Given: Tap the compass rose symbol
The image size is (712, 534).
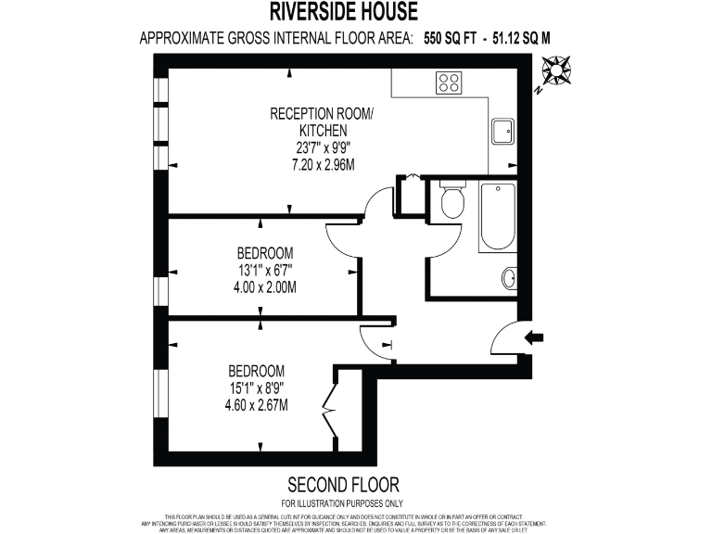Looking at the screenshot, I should point(557,71).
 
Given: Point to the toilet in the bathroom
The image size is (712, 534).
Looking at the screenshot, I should point(452,200).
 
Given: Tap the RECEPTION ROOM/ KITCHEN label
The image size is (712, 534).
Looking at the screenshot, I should point(310,122).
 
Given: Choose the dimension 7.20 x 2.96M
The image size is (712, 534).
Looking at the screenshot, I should point(310,164).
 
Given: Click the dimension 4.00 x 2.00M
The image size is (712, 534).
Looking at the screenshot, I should point(265,286).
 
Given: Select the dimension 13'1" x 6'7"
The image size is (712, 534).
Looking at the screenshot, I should point(265,270).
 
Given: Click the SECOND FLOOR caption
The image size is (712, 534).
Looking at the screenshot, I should point(343,484).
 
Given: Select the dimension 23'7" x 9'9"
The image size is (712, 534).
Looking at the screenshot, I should point(310,148).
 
